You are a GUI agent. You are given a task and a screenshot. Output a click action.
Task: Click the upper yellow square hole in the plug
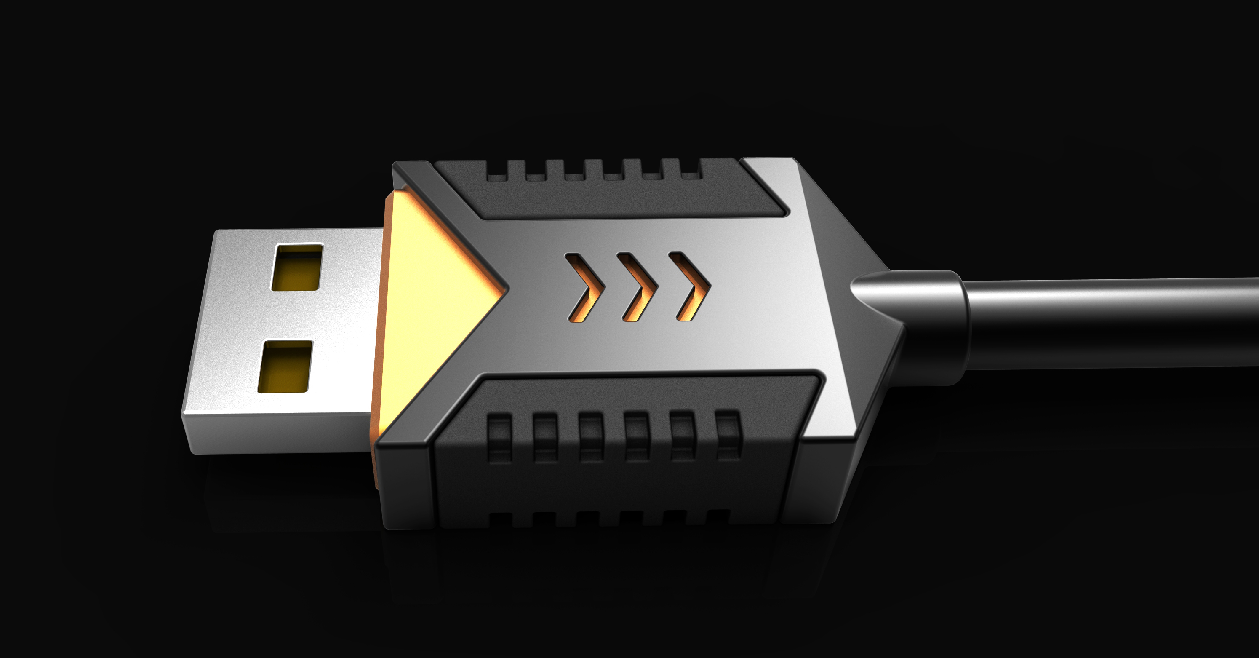click(297, 267)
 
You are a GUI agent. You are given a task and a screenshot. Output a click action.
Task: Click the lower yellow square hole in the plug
click(285, 366)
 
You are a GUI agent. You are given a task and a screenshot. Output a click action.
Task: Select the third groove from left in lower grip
click(591, 436)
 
